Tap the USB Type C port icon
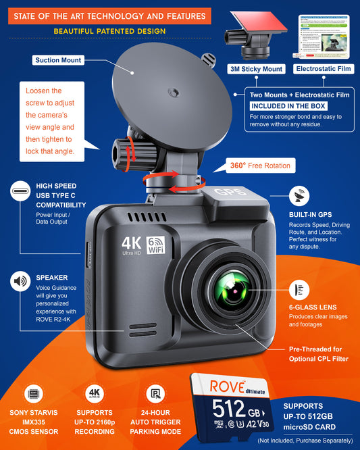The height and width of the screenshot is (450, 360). pyautogui.click(x=19, y=193)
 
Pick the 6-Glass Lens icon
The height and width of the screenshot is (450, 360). pyautogui.click(x=299, y=291)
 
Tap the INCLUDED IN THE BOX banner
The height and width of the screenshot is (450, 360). pyautogui.click(x=288, y=106)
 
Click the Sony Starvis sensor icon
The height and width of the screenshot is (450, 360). pyautogui.click(x=33, y=393)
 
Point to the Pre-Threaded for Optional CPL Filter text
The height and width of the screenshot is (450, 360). pyautogui.click(x=316, y=354)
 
